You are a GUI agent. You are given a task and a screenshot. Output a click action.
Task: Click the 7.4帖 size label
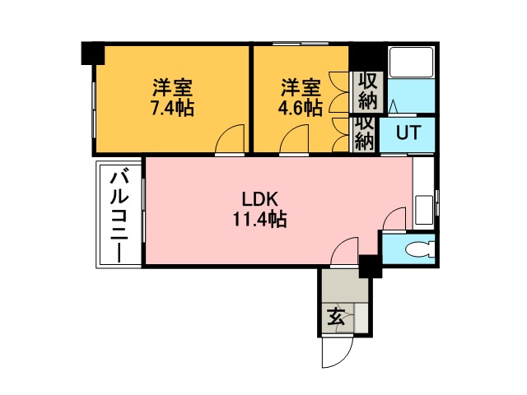click(172, 108)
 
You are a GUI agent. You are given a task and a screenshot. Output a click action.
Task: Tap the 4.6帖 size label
click(300, 108)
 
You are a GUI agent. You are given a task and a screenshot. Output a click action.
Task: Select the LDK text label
click(260, 200)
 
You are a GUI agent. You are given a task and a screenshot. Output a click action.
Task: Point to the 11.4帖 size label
click(260, 220)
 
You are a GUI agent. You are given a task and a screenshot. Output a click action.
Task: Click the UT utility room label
click(408, 132)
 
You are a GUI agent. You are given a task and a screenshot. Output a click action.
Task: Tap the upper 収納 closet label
click(368, 91)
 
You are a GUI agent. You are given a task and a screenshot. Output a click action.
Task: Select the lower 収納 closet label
click(364, 133)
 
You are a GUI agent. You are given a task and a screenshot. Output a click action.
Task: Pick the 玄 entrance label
click(336, 317)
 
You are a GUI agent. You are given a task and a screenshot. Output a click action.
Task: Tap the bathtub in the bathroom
click(411, 63)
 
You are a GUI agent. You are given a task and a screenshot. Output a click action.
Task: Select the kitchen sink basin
click(424, 210)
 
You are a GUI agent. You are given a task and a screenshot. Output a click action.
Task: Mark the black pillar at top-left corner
click(93, 53)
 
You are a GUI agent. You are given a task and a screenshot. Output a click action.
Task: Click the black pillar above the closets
click(366, 57)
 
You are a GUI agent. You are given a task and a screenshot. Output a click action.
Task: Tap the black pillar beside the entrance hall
click(370, 267)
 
